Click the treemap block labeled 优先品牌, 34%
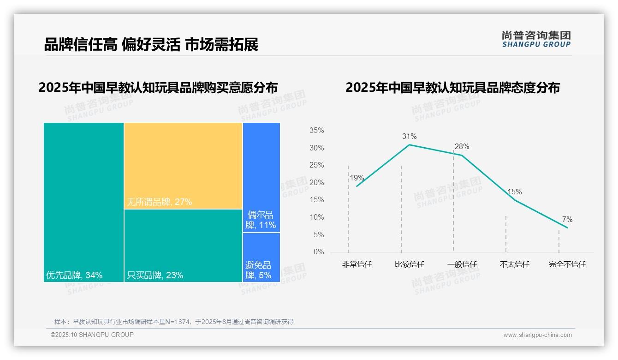click(83, 202)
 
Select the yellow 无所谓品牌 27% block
click(183, 166)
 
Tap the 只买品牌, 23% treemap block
click(183, 246)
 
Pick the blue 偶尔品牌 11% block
click(261, 177)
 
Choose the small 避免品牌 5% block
click(261, 257)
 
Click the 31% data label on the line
click(409, 137)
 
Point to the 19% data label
click(357, 178)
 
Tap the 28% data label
click(462, 147)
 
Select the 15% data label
click(514, 192)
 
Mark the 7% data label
click(567, 220)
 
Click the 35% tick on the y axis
click(316, 131)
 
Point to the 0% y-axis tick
click(319, 252)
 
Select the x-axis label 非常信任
click(357, 264)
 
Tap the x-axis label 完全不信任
click(567, 264)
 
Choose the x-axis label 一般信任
click(462, 264)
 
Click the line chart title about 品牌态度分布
click(452, 88)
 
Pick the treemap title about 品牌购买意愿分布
click(158, 88)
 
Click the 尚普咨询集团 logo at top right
click(536, 39)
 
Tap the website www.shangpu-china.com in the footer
click(537, 335)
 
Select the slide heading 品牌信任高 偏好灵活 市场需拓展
click(151, 44)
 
